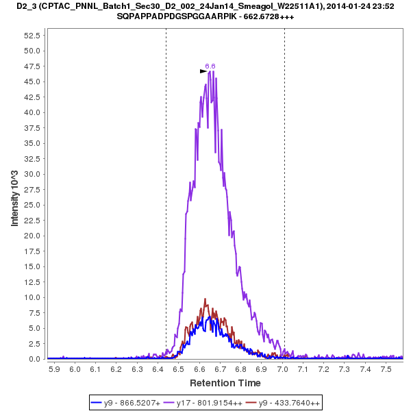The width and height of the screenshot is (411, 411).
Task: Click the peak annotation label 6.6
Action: [210, 66]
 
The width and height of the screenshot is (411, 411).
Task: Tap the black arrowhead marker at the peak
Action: [203, 71]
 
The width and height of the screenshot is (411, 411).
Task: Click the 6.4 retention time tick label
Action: [158, 369]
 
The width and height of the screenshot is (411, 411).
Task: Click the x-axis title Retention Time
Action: [225, 382]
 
